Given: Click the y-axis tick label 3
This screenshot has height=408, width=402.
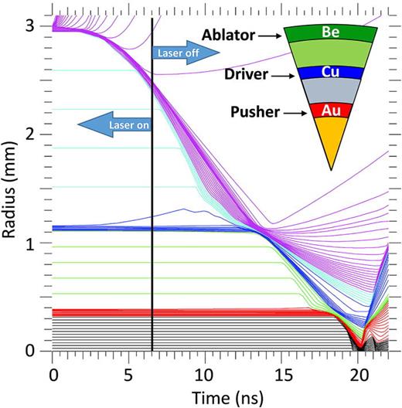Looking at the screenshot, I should [x=32, y=25].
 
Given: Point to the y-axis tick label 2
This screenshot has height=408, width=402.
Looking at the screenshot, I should [x=32, y=134].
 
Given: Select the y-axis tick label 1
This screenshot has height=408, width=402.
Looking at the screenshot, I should [x=32, y=243].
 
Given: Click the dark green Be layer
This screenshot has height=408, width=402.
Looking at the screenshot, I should [x=330, y=34].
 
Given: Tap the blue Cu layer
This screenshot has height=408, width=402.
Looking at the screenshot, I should [x=330, y=72].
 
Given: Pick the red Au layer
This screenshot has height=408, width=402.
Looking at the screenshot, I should [x=331, y=110].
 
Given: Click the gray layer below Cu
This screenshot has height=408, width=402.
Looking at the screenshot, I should [x=330, y=91].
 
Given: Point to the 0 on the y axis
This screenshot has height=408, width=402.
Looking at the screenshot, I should [x=32, y=352].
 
